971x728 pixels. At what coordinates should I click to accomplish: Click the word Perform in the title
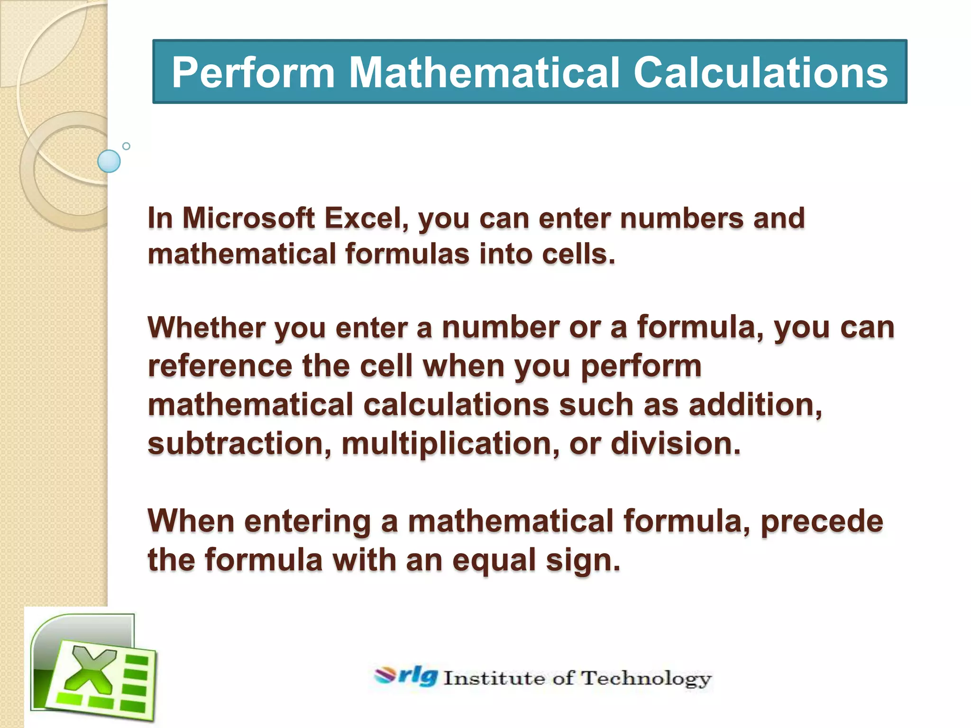click(253, 73)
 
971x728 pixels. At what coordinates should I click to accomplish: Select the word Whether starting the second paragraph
click(206, 328)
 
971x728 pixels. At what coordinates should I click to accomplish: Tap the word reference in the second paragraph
click(220, 366)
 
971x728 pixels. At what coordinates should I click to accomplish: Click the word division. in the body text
click(675, 444)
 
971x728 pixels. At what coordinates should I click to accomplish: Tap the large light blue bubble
click(109, 161)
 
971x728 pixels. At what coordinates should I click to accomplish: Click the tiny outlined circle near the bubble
click(126, 146)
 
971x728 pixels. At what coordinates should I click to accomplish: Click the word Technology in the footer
click(646, 679)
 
